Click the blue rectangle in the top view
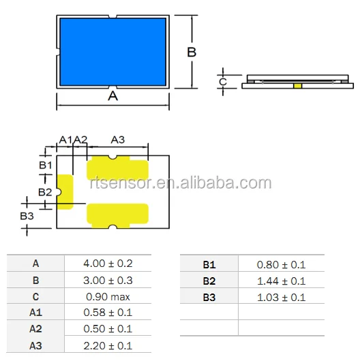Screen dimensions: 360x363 point(113,52)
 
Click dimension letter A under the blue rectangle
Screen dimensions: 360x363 point(113,95)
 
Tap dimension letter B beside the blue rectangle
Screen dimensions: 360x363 point(192,52)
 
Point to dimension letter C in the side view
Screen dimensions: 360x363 point(223,82)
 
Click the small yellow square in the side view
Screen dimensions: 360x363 point(298,86)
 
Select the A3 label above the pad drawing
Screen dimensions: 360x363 point(118,140)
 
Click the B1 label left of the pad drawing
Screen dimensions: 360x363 point(46,165)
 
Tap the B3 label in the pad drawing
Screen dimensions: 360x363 point(27,216)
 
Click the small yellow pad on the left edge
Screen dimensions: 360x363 point(65,192)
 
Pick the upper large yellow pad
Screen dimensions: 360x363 point(117,168)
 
